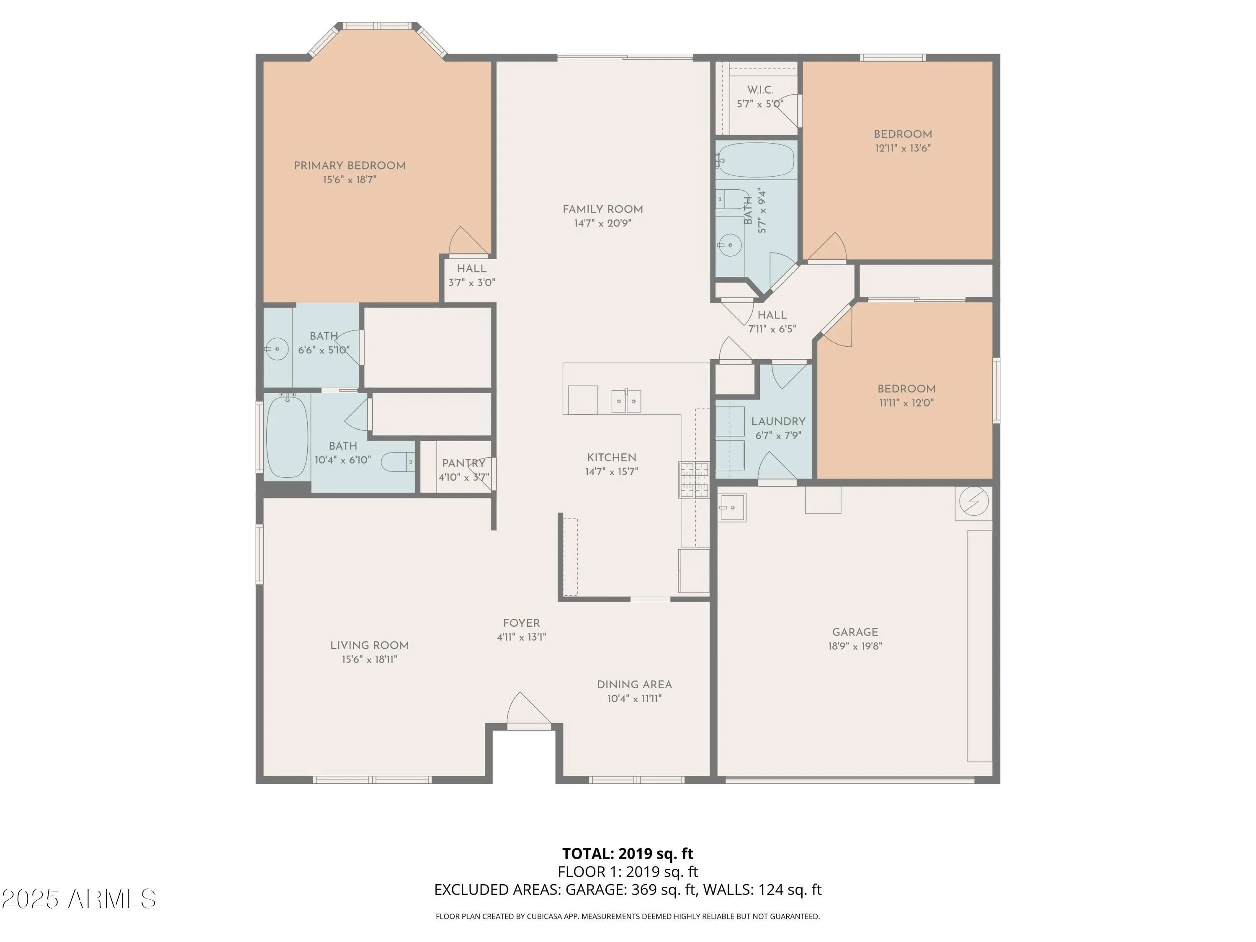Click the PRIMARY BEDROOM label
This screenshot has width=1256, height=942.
[350, 166]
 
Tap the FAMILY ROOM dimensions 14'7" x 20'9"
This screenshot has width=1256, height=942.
[602, 223]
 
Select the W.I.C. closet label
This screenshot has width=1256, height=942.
[760, 90]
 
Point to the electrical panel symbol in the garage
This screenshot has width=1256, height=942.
[974, 502]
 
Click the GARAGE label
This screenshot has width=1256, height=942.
[855, 632]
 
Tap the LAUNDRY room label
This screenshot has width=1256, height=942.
[778, 421]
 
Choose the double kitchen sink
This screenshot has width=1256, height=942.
[626, 401]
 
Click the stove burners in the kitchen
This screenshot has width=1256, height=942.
[694, 480]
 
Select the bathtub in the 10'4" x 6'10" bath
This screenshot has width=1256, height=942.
[287, 436]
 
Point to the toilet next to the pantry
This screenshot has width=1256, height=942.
[397, 462]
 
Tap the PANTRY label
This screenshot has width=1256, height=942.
[464, 463]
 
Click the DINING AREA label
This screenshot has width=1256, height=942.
[634, 685]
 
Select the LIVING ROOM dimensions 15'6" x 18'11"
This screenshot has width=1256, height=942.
[369, 659]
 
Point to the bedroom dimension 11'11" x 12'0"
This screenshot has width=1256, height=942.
[906, 403]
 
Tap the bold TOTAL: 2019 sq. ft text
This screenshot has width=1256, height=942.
[628, 853]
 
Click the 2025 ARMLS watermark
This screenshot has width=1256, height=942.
[79, 899]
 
